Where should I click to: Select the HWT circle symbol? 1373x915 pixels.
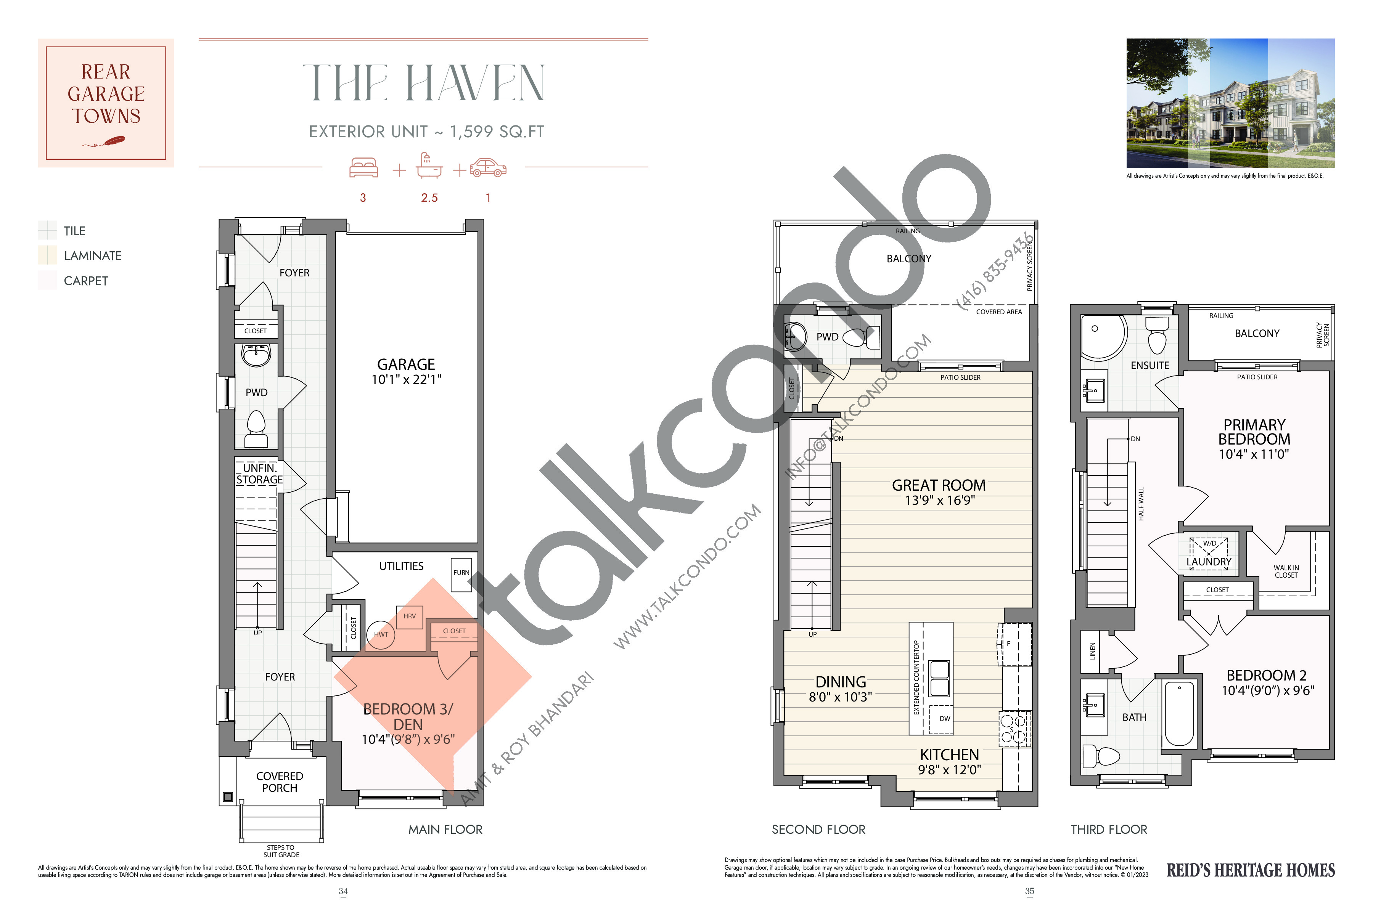pyautogui.click(x=381, y=634)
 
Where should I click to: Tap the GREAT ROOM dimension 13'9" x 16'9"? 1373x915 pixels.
pyautogui.click(x=939, y=500)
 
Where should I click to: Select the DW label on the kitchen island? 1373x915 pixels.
pyautogui.click(x=945, y=718)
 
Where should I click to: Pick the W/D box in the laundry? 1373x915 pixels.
pyautogui.click(x=1209, y=547)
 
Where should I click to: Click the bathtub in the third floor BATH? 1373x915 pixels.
pyautogui.click(x=1180, y=713)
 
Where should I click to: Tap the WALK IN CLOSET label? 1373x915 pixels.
pyautogui.click(x=1286, y=571)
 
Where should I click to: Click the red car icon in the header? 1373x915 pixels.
pyautogui.click(x=488, y=167)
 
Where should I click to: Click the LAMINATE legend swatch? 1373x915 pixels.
pyautogui.click(x=47, y=255)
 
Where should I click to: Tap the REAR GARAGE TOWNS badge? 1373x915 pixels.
pyautogui.click(x=106, y=103)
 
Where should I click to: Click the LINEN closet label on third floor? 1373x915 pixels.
pyautogui.click(x=1093, y=651)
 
